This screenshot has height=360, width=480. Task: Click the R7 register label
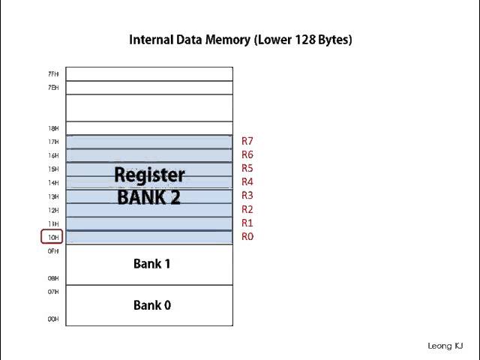(247, 141)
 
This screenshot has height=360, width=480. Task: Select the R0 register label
(247, 237)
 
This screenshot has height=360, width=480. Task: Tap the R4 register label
(247, 182)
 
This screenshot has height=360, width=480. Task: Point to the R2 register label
(247, 210)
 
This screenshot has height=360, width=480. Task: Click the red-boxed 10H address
(52, 238)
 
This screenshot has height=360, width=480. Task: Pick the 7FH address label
(53, 74)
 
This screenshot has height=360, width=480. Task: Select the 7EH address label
(53, 88)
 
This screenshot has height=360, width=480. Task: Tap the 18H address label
(53, 129)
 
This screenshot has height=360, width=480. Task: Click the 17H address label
(53, 142)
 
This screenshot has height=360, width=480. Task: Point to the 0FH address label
(53, 251)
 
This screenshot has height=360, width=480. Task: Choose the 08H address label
(53, 278)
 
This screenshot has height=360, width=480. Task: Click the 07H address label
(53, 292)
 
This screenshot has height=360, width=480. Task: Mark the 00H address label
(53, 319)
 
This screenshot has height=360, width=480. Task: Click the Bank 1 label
(152, 264)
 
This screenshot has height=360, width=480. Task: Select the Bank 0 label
(152, 305)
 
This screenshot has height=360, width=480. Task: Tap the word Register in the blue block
(149, 175)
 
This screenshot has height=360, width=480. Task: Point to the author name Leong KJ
(445, 346)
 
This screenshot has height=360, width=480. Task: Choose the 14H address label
(53, 183)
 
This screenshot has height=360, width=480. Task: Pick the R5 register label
(247, 169)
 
